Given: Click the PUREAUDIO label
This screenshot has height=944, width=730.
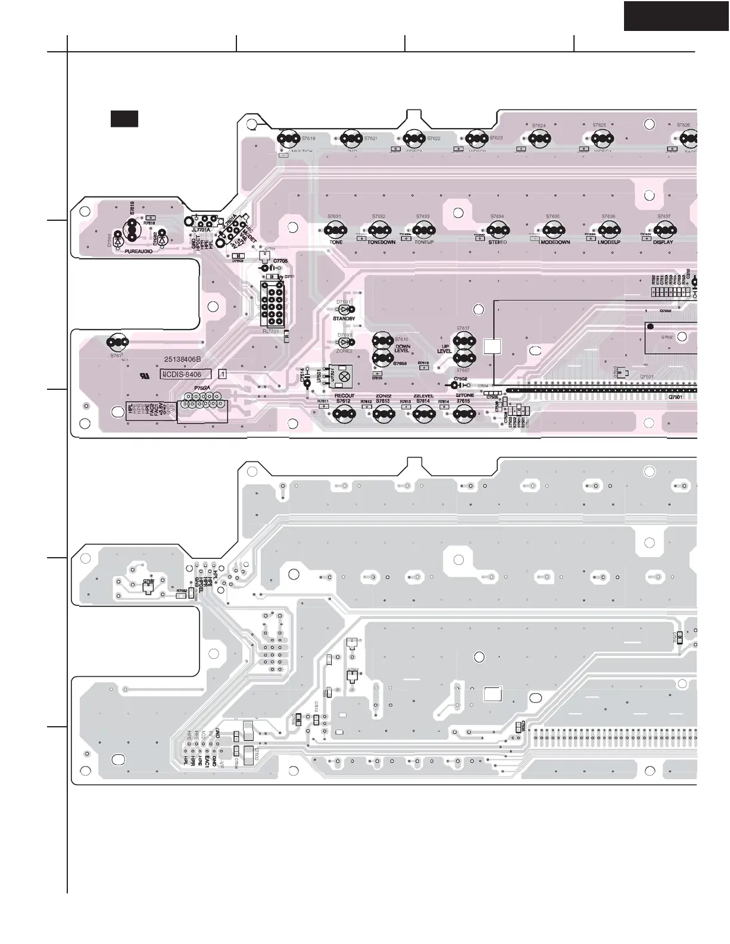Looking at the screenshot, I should click(x=138, y=252).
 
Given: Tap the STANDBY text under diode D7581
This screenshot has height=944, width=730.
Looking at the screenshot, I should click(x=344, y=319).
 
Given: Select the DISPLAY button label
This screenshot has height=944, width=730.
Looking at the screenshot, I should click(x=663, y=242).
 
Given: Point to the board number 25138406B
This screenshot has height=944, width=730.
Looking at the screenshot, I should click(x=183, y=360).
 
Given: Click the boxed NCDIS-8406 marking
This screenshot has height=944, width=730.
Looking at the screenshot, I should click(x=186, y=374).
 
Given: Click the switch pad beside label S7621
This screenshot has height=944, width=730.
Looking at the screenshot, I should click(x=351, y=139).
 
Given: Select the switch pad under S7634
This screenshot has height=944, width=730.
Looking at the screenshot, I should click(x=497, y=229).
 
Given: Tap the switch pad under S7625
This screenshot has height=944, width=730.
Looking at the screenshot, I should click(x=599, y=139).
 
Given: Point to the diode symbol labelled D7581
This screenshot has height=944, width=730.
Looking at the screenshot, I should click(x=344, y=309).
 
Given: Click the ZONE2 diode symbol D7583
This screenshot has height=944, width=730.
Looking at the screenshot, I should click(x=344, y=343).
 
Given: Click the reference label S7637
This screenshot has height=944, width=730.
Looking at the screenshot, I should click(x=664, y=217).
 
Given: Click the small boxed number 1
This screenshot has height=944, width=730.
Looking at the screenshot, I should click(x=223, y=374).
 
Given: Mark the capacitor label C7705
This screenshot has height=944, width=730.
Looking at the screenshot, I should click(x=280, y=261).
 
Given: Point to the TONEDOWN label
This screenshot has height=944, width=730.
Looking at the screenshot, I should click(x=381, y=242).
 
